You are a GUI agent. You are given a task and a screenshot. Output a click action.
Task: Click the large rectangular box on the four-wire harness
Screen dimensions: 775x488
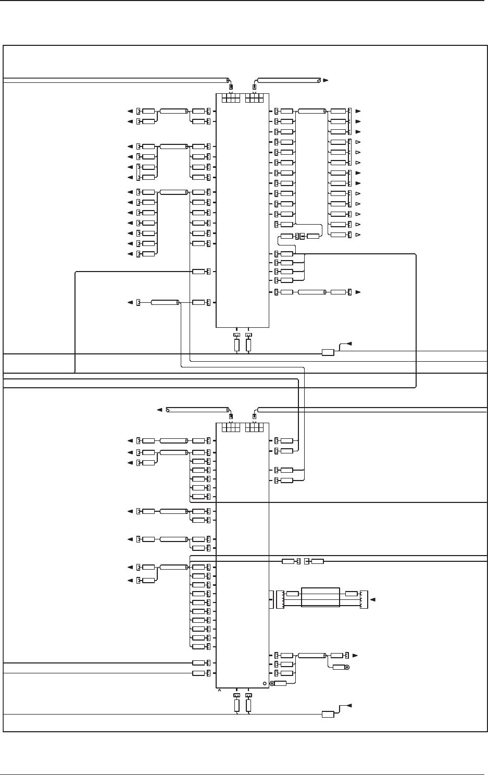(320, 597)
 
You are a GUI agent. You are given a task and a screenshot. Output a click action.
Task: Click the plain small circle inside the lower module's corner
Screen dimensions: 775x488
(264, 683)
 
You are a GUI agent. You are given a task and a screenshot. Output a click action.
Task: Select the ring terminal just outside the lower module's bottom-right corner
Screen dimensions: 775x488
(272, 683)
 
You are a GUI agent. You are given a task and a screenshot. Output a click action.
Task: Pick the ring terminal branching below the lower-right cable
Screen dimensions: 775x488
(347, 667)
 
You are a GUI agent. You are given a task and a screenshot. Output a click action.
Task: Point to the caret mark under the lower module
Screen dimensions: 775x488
(219, 690)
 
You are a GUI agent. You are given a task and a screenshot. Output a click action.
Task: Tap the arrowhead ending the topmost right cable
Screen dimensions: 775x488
(326, 80)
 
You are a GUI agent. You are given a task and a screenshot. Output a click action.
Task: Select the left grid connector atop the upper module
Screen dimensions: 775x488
(230, 98)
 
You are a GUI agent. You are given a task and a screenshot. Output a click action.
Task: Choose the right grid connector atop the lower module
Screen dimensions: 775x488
(254, 427)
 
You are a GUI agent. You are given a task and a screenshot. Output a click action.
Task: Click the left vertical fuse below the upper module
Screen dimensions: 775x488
(236, 345)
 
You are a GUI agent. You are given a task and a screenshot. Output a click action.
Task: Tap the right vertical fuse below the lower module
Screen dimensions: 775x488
(249, 706)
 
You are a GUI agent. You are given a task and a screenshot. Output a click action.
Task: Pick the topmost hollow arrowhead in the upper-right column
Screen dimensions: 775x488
(358, 142)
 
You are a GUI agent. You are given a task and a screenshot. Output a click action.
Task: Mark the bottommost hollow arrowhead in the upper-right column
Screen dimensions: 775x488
(358, 235)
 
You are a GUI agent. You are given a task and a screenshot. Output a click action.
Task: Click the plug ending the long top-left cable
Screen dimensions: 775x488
(231, 87)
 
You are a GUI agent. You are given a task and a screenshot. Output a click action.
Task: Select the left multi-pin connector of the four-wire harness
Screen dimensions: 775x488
(280, 599)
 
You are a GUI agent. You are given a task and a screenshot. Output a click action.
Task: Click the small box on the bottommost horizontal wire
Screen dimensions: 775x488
(328, 714)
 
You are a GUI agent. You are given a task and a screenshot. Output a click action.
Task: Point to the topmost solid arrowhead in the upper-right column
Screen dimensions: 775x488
(358, 112)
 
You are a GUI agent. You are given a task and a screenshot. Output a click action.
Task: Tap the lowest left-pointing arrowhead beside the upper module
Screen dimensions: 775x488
(130, 302)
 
